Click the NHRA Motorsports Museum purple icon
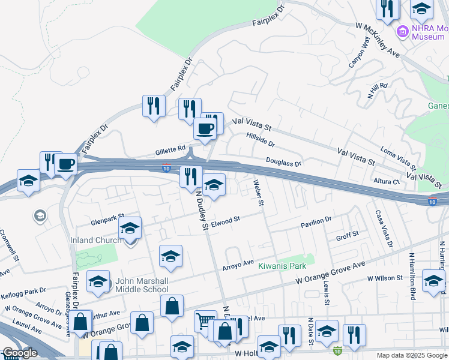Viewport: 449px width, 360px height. tap(402, 31)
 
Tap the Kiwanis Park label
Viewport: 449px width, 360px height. tap(282, 266)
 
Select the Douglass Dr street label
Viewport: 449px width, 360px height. tap(283, 162)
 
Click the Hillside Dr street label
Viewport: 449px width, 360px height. tap(260, 140)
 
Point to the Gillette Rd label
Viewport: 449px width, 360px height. tap(173, 148)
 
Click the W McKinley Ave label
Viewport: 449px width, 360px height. tap(378, 41)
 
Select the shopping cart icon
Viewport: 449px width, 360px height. tap(205, 322)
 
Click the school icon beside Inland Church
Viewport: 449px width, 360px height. tap(130, 229)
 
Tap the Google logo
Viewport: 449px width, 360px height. tap(19, 353)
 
